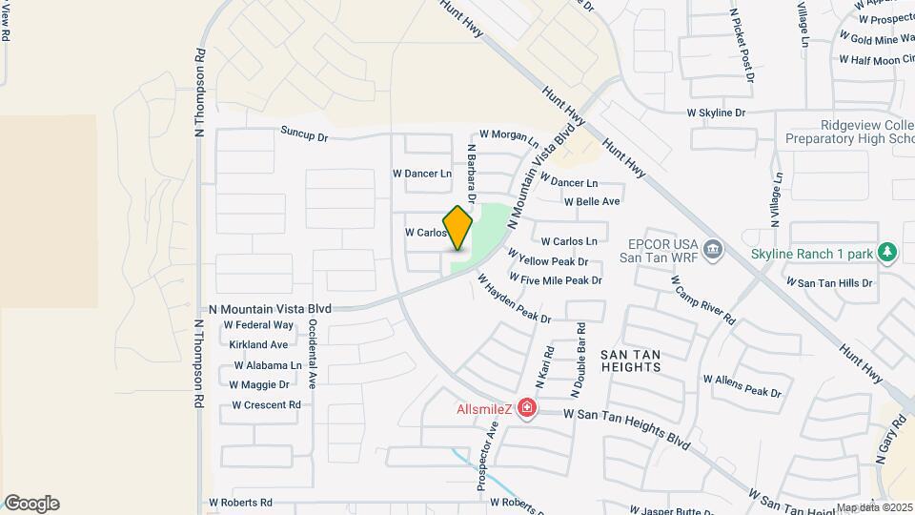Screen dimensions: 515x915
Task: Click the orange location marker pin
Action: tap(457, 228)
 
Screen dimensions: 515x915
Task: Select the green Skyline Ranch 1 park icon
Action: tap(888, 253)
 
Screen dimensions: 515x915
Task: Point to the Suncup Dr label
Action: tap(304, 135)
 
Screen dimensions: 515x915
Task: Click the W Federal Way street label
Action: tap(258, 325)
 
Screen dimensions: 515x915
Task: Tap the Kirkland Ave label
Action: tap(258, 344)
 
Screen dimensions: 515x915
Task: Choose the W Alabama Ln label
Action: tap(267, 365)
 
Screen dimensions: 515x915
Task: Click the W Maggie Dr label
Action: tap(259, 384)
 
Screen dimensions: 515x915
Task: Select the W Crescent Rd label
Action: tap(266, 404)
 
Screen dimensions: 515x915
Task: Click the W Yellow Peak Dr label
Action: tap(547, 258)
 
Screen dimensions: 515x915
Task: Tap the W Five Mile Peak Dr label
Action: tap(556, 280)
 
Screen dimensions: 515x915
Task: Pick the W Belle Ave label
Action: tap(591, 202)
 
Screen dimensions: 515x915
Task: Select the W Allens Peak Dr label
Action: tap(742, 385)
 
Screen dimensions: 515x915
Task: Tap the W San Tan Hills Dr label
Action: tap(828, 282)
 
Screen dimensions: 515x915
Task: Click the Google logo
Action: tap(31, 503)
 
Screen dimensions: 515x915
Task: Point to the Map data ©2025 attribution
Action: tap(873, 507)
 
